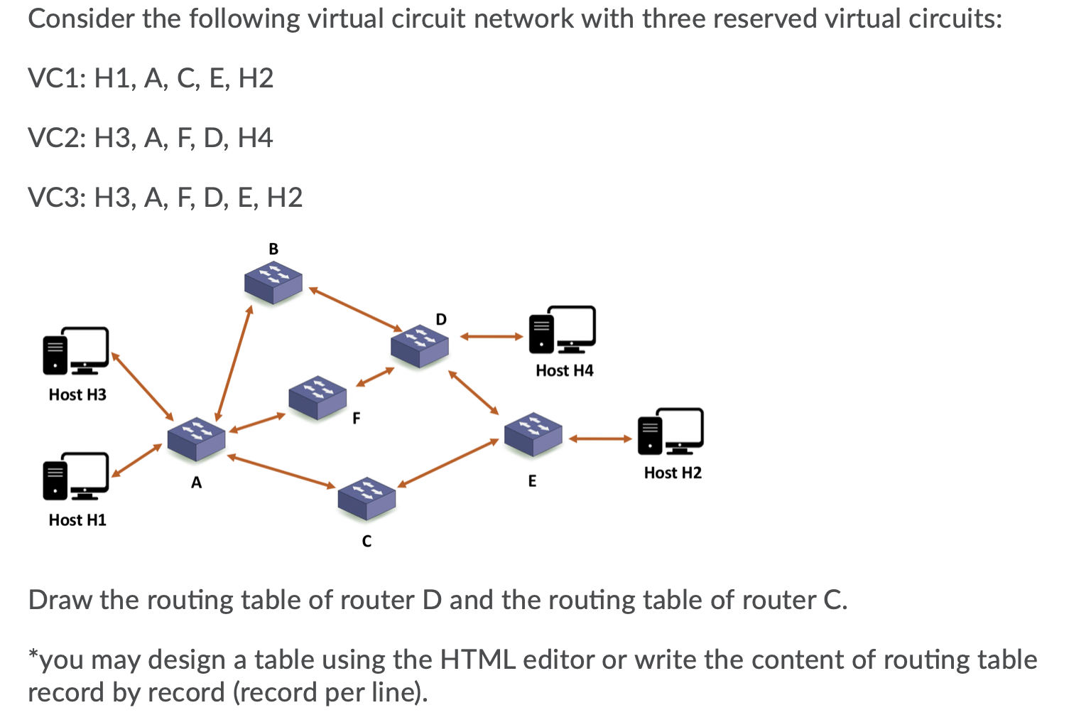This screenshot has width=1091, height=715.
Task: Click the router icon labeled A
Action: click(196, 439)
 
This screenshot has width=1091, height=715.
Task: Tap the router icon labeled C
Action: click(367, 498)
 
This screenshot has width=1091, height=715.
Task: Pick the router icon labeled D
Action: click(420, 346)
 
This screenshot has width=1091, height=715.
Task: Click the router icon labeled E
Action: click(533, 434)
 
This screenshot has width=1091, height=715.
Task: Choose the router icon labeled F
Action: click(317, 397)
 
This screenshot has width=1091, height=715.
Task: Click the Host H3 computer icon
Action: click(76, 350)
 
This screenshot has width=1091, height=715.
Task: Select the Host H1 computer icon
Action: click(76, 475)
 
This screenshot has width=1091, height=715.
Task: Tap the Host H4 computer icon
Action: click(563, 330)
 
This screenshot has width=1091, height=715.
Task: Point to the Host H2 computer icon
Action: click(671, 431)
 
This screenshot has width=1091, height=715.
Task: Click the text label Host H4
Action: click(564, 370)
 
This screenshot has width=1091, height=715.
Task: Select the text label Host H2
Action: click(672, 473)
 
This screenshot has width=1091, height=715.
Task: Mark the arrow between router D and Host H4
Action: click(492, 337)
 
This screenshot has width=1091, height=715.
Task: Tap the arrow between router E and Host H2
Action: click(599, 439)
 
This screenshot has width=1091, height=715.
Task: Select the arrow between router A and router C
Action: click(281, 471)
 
